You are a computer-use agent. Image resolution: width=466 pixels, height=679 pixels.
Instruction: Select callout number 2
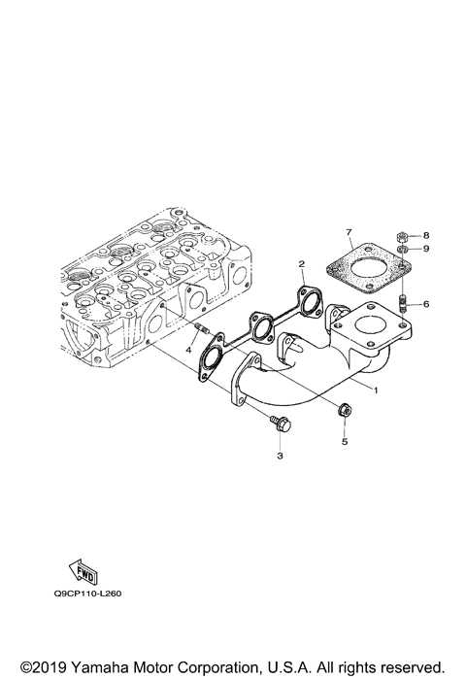(x=302, y=264)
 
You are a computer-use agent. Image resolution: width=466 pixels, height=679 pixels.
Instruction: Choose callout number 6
(x=424, y=304)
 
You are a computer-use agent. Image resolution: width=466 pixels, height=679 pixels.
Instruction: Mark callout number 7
(x=348, y=233)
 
